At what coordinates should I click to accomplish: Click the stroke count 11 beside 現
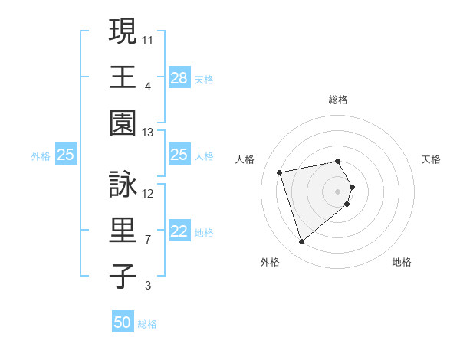point(148,39)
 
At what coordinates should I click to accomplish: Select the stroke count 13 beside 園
point(148,133)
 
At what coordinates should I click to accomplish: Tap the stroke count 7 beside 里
point(148,240)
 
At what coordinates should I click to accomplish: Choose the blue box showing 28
point(179,78)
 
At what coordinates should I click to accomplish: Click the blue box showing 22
point(179,232)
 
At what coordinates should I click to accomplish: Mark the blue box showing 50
point(123,322)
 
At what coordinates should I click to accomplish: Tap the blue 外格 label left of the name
point(41,155)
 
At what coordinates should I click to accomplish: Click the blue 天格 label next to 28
point(204,79)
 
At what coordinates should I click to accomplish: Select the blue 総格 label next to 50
point(147,324)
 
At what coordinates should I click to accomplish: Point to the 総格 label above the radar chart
point(338,100)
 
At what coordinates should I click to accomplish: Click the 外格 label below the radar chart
point(270,262)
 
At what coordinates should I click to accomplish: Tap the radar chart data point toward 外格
point(302,242)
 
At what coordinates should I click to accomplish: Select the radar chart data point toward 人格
point(280,172)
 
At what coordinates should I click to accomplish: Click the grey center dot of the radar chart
point(338,191)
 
